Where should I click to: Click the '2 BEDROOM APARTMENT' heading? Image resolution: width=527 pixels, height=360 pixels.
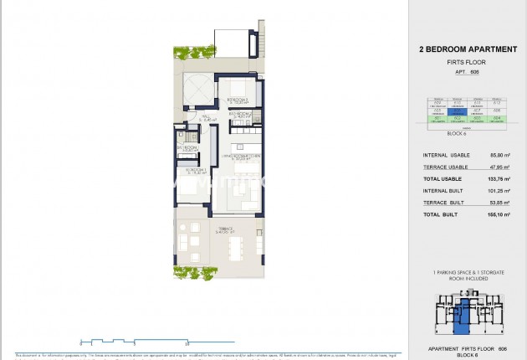pos(468,49)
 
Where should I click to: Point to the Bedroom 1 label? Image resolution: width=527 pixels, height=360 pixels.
pos(187,174)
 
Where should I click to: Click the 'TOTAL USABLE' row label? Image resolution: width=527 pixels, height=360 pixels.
pos(444,179)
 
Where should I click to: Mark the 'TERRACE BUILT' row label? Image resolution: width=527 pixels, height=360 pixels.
pos(444,203)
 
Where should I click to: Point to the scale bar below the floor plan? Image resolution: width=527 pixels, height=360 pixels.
pos(134,342)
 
